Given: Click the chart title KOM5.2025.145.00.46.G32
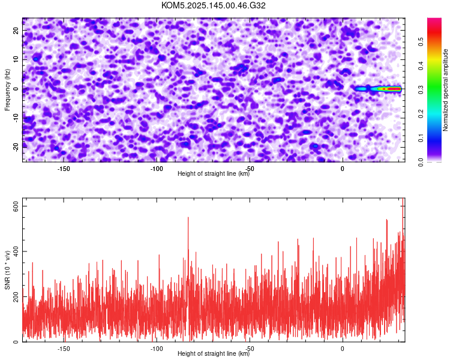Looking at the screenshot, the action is click(x=213, y=5).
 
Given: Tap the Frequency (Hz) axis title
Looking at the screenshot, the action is click(x=7, y=89).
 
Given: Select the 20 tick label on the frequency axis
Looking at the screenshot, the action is click(x=16, y=31).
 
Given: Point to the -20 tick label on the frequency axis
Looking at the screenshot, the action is click(x=16, y=147).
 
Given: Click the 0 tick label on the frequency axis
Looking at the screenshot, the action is click(x=16, y=89).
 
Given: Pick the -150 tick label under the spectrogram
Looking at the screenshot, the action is click(x=64, y=169).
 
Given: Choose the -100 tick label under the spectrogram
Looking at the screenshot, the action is click(x=157, y=169).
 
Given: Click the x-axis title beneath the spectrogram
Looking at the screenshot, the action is click(x=214, y=173).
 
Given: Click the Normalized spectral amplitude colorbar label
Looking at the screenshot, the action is click(x=445, y=90).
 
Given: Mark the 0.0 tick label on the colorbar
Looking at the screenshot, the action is click(x=421, y=162).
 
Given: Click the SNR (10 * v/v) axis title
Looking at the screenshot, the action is click(x=7, y=270).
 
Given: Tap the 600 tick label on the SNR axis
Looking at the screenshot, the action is click(x=16, y=206).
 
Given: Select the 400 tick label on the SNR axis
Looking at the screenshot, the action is click(x=16, y=251).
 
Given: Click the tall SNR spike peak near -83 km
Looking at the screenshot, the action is click(x=188, y=217).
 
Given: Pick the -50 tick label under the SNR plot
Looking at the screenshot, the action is click(x=250, y=349).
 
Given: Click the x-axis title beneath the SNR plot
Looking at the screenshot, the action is click(x=214, y=353).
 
